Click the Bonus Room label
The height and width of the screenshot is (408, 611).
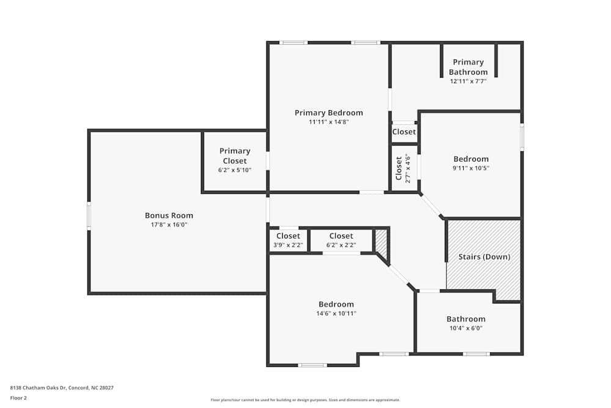tap(169, 215)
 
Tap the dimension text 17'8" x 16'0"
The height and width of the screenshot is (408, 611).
tap(169, 224)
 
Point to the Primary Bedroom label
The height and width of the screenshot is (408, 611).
tap(329, 113)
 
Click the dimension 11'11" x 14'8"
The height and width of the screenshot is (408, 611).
tap(329, 122)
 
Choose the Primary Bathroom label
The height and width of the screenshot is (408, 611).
tap(469, 67)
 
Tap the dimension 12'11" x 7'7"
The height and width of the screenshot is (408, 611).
tap(469, 81)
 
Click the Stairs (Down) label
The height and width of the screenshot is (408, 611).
tap(484, 257)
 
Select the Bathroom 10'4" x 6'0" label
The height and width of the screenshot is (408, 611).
tap(466, 319)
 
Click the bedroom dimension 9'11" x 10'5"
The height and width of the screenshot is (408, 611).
tap(470, 168)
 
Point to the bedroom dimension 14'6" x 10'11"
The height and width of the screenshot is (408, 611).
tap(336, 313)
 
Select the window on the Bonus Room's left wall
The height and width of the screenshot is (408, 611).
tap(89, 216)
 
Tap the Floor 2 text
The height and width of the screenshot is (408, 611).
tap(18, 398)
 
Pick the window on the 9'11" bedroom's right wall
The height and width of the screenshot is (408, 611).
tap(522, 137)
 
